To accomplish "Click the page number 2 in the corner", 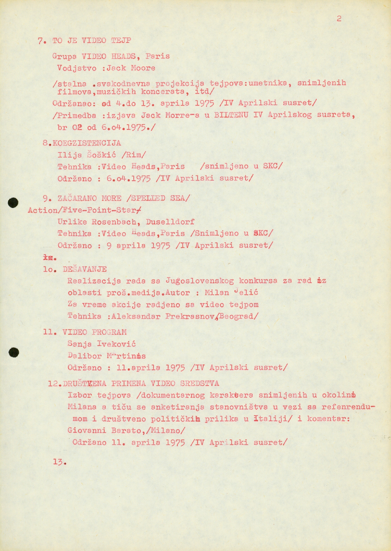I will click(339, 19).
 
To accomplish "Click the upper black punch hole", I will click(13, 203).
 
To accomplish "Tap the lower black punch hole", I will click(13, 352).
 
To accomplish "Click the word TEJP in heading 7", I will click(121, 41).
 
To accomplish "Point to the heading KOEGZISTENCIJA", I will click(86, 143).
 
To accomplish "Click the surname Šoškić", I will click(101, 155).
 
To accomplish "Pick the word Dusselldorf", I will click(170, 222).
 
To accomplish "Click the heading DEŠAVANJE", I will click(85, 269).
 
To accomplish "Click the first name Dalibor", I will click(85, 356).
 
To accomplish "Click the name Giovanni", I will click(87, 430).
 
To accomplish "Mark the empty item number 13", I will click(59, 462).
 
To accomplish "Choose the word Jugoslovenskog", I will click(200, 281).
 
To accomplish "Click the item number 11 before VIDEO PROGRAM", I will click(50, 332).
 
